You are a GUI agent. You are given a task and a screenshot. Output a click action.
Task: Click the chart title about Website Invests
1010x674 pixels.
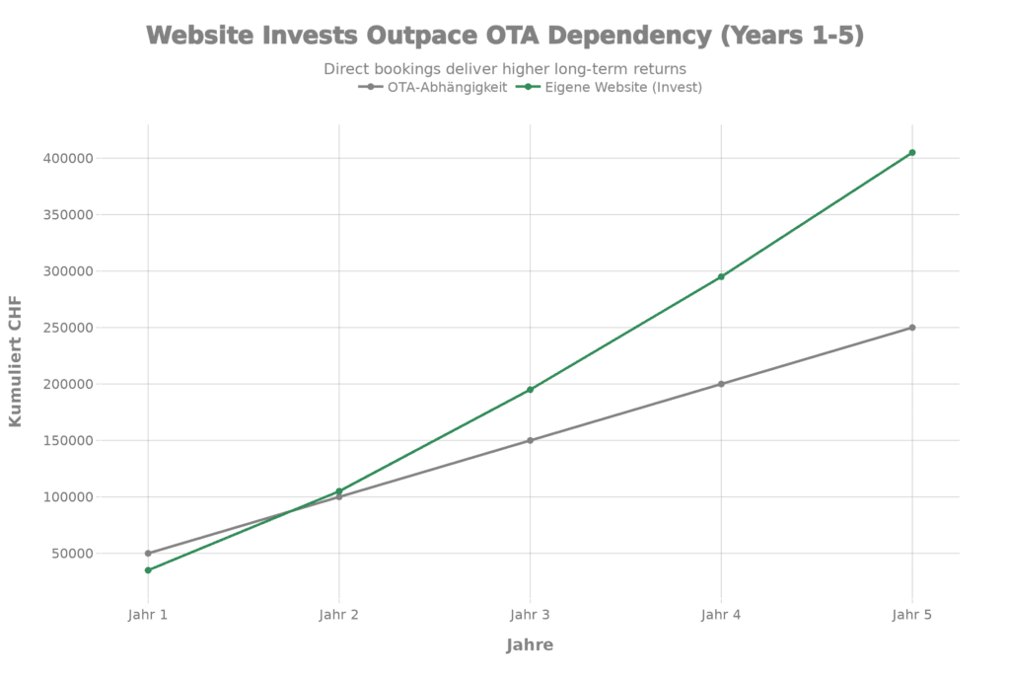[505, 36]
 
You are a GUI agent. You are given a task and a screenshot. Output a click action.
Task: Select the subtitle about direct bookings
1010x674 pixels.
[505, 69]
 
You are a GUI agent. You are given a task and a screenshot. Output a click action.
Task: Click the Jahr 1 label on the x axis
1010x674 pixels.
[148, 615]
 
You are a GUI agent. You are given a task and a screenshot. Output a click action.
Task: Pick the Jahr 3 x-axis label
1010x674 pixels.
[530, 615]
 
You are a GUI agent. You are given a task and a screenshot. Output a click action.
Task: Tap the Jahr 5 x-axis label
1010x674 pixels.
[911, 615]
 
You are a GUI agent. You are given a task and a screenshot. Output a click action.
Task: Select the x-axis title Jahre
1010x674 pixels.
[530, 645]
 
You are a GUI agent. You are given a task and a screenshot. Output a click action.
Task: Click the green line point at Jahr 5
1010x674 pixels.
[912, 152]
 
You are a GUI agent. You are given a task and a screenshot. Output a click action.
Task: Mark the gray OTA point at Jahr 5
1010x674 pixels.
[912, 328]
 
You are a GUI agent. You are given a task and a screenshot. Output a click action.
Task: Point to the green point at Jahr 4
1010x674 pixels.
[721, 276]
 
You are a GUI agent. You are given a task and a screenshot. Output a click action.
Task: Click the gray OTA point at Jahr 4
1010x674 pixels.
[721, 384]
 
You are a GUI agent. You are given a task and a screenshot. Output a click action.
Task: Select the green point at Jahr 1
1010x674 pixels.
[148, 570]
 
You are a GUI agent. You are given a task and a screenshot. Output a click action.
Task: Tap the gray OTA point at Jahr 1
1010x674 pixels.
[148, 554]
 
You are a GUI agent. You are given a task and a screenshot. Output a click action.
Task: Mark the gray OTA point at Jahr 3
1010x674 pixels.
[530, 440]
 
